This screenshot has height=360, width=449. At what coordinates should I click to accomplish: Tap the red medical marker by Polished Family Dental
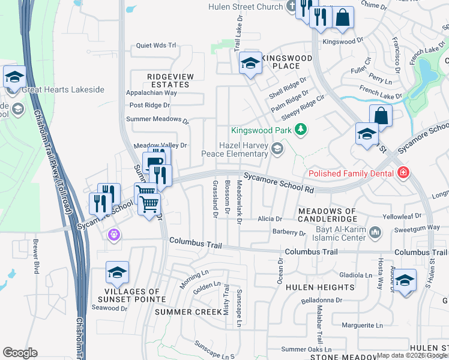tap(404, 174)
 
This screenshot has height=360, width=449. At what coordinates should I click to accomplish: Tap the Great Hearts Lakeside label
tap(62, 90)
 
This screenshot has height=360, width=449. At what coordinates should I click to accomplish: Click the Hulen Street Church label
tap(246, 7)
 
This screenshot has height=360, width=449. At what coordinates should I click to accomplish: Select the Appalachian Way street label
tap(151, 93)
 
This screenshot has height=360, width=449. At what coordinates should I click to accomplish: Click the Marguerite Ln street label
tap(362, 325)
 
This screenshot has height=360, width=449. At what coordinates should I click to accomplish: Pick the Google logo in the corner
tap(20, 353)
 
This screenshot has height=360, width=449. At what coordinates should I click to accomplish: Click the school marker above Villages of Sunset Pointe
tap(117, 273)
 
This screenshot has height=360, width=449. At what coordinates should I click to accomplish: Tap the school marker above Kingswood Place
tap(250, 62)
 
